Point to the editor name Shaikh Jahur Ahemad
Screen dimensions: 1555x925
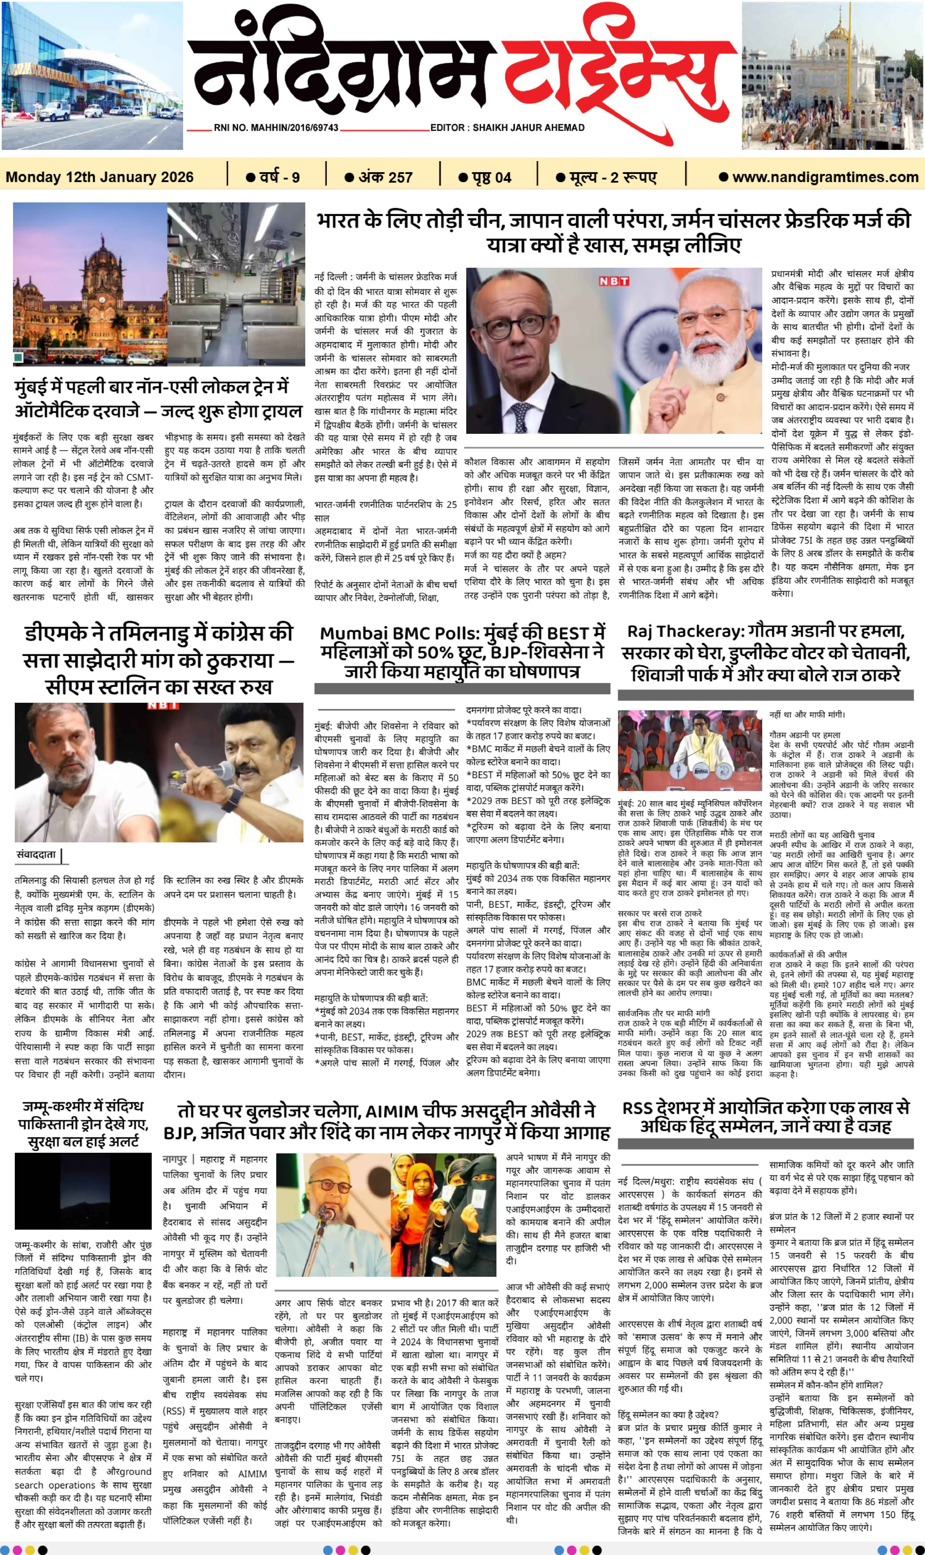(x=507, y=128)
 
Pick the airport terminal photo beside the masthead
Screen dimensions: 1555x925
(x=92, y=75)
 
